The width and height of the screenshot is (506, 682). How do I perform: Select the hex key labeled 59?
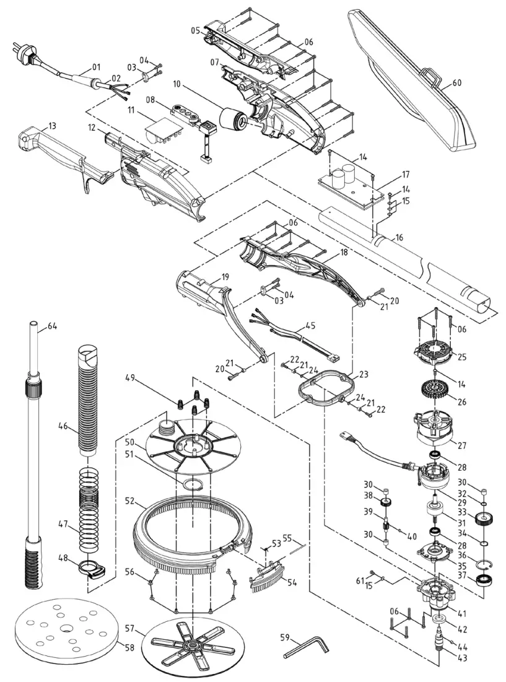point(306,648)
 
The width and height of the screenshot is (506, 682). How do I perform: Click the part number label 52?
point(130,500)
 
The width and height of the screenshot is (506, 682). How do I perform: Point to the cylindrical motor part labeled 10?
point(234,118)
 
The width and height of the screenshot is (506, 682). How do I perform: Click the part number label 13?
point(52,125)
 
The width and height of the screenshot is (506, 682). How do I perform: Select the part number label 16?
point(398,237)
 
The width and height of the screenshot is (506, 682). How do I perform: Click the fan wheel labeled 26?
point(437,389)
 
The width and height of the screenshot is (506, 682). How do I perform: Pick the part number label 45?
point(310,325)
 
